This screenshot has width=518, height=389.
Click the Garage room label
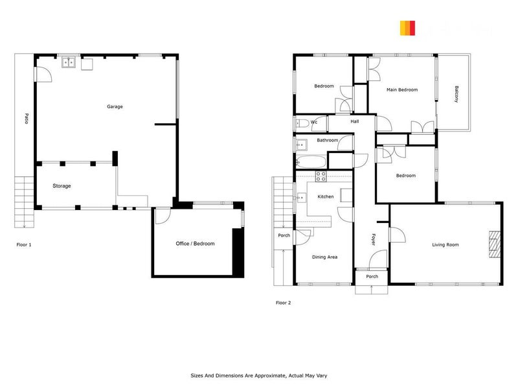click(115, 106)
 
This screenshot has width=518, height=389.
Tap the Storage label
click(62, 186)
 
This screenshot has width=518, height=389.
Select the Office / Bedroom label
click(195, 244)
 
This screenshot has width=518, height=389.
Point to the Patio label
click(27, 119)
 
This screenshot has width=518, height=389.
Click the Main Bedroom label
click(401, 89)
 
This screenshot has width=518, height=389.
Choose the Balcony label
click(457, 94)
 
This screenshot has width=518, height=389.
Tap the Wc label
click(314, 122)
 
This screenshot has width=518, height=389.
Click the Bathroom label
click(327, 140)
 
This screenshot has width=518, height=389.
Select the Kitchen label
click(325, 196)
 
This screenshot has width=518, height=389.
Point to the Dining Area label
click(324, 257)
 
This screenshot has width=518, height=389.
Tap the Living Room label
click(445, 244)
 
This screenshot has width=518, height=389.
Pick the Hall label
click(355, 121)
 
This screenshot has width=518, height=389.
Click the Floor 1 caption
click(24, 245)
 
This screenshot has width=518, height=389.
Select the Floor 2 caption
click(284, 302)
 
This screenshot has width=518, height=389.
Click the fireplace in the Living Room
click(494, 244)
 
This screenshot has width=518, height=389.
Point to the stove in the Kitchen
click(321, 176)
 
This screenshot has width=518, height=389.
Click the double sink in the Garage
click(69, 63)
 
